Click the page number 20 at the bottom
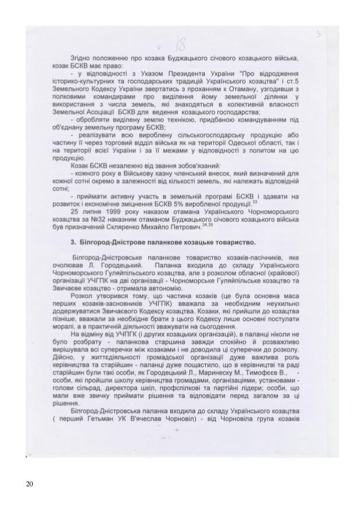point(29,484)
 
